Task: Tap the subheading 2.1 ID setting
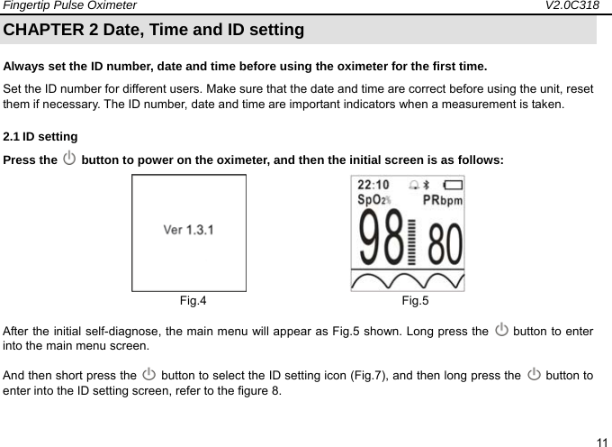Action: (40, 137)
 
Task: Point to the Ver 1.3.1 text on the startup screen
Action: (188, 229)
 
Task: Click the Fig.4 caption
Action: (193, 300)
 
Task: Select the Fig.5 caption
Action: (415, 300)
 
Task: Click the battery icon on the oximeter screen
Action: (451, 185)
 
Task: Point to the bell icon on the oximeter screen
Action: (413, 185)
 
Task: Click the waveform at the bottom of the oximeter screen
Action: (408, 279)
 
